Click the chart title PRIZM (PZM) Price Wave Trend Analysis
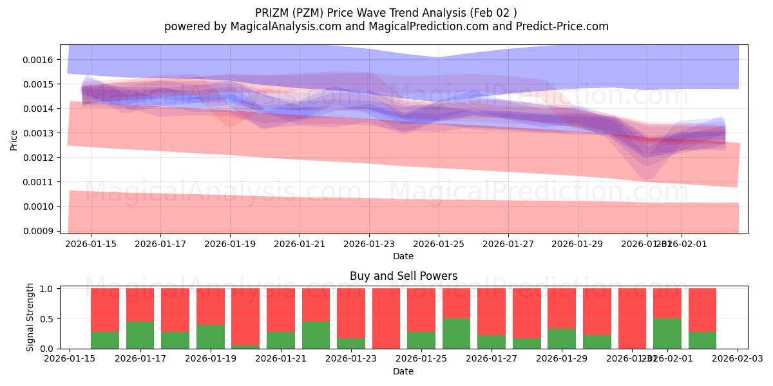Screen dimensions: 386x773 (386, 13)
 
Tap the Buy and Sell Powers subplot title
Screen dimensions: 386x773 (403, 276)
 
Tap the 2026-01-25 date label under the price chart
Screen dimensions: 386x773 (439, 244)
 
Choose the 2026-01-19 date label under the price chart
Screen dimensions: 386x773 (230, 244)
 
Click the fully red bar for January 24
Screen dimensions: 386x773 (386, 318)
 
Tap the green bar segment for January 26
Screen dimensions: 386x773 (456, 333)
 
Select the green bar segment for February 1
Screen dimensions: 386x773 (667, 333)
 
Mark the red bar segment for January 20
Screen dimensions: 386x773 (245, 317)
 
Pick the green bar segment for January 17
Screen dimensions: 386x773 (140, 335)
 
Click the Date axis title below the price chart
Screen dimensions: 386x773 (403, 256)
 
